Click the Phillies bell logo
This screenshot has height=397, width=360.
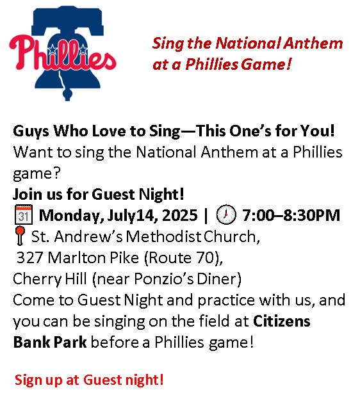point(63,53)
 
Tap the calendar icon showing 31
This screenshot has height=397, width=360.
point(24,215)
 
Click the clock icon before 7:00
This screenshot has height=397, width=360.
point(226,215)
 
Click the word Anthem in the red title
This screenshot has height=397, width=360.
point(313,43)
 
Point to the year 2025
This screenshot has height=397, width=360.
point(179,215)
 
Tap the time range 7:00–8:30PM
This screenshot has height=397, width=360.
point(291,215)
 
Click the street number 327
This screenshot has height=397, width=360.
point(29,258)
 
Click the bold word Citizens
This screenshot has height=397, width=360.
point(281,321)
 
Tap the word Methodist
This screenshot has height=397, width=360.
point(163,237)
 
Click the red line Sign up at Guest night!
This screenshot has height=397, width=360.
point(89,380)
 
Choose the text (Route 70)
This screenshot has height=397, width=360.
point(183,258)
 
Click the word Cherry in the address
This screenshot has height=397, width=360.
point(37,280)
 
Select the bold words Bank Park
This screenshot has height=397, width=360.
point(50,342)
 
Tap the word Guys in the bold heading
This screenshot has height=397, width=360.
point(31,132)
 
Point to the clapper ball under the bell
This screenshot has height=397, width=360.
point(67,95)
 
